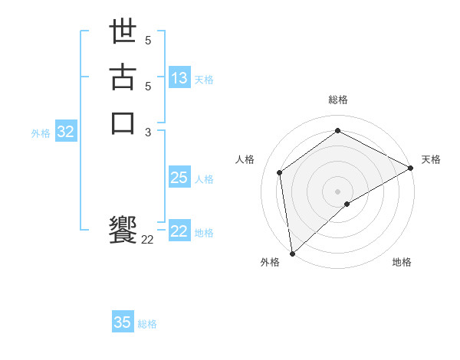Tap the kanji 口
(x=123, y=123)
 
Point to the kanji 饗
(x=123, y=230)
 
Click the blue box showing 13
(x=179, y=78)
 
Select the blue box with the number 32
(x=66, y=132)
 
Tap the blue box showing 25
(x=179, y=178)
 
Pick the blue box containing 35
(x=123, y=322)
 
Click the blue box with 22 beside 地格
(x=179, y=231)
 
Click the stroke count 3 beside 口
(x=148, y=132)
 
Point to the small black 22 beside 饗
(x=147, y=240)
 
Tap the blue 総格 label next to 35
(x=147, y=324)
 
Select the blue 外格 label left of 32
(x=41, y=133)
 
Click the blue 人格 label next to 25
(x=204, y=179)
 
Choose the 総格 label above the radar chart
(x=337, y=100)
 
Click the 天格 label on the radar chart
(x=431, y=159)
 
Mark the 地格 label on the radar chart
(x=402, y=262)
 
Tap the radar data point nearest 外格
(x=292, y=253)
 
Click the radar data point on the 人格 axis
(x=280, y=172)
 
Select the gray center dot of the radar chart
(x=337, y=191)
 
